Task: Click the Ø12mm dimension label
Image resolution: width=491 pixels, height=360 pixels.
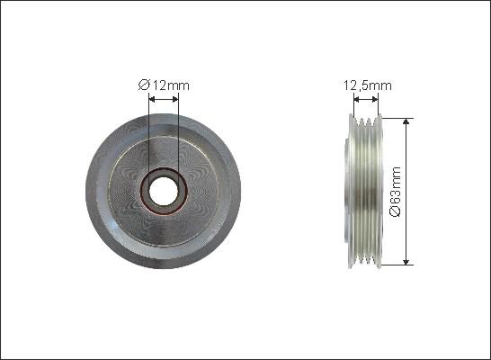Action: tap(164, 85)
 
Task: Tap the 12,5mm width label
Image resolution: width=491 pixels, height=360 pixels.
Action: tap(367, 85)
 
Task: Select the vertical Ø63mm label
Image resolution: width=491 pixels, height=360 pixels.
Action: tap(422, 190)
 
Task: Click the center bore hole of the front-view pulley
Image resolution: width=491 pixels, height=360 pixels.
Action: tap(164, 190)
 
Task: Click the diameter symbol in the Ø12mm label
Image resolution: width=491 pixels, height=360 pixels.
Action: tap(143, 85)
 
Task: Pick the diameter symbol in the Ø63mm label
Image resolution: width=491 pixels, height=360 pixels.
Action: tap(422, 212)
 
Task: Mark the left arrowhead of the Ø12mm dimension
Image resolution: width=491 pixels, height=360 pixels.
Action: tap(152, 100)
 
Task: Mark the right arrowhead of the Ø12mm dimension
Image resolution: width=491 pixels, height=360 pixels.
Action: tap(175, 100)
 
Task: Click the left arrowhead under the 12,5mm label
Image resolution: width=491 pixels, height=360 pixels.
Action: tap(353, 100)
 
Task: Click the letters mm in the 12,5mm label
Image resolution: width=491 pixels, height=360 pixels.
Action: tap(382, 85)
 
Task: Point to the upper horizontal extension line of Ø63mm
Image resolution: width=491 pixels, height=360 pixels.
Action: tap(396, 116)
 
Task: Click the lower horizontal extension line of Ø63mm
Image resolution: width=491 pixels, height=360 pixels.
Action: tap(396, 265)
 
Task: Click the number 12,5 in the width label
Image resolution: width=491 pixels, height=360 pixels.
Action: tap(356, 85)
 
